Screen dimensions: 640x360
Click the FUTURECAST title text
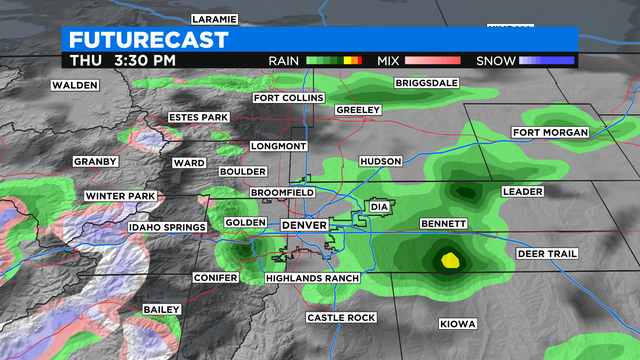tap(149, 40)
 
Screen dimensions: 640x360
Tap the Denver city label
tap(304, 226)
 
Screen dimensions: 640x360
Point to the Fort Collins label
tap(288, 98)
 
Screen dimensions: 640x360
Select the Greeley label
tap(358, 109)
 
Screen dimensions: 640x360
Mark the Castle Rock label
tap(340, 318)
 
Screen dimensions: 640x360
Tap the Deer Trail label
tap(547, 254)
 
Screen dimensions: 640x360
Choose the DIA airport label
tap(378, 207)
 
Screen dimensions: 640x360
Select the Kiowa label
tap(458, 324)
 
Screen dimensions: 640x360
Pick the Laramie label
tap(214, 19)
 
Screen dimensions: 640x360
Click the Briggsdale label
tap(429, 83)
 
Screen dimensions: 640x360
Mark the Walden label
tap(76, 85)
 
